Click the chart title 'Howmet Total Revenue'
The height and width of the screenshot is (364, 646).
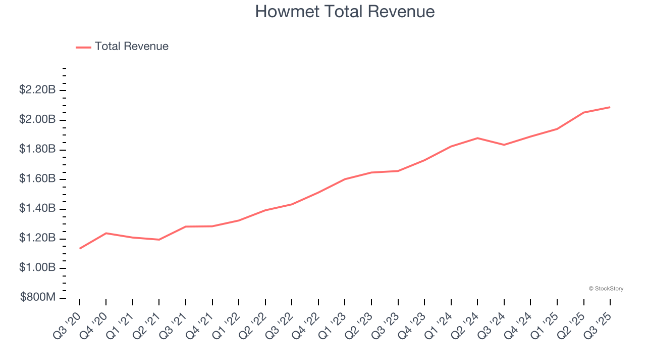[345, 12]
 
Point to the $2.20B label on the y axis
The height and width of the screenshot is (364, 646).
[37, 90]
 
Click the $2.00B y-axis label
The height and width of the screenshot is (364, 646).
[37, 119]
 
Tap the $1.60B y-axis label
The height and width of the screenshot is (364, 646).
[37, 179]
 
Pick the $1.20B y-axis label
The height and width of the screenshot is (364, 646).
[37, 238]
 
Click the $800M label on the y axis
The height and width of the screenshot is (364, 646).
[38, 297]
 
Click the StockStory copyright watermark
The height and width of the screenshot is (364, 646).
[606, 289]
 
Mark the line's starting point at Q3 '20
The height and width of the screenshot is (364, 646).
[80, 248]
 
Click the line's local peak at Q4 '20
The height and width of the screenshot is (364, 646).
[106, 233]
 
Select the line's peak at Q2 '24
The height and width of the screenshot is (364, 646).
[477, 138]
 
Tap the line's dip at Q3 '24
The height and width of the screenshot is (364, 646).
[504, 145]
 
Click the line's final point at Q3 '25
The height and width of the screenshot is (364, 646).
[610, 107]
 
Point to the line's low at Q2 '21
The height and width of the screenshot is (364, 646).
[159, 240]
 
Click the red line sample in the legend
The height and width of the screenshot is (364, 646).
[83, 47]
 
